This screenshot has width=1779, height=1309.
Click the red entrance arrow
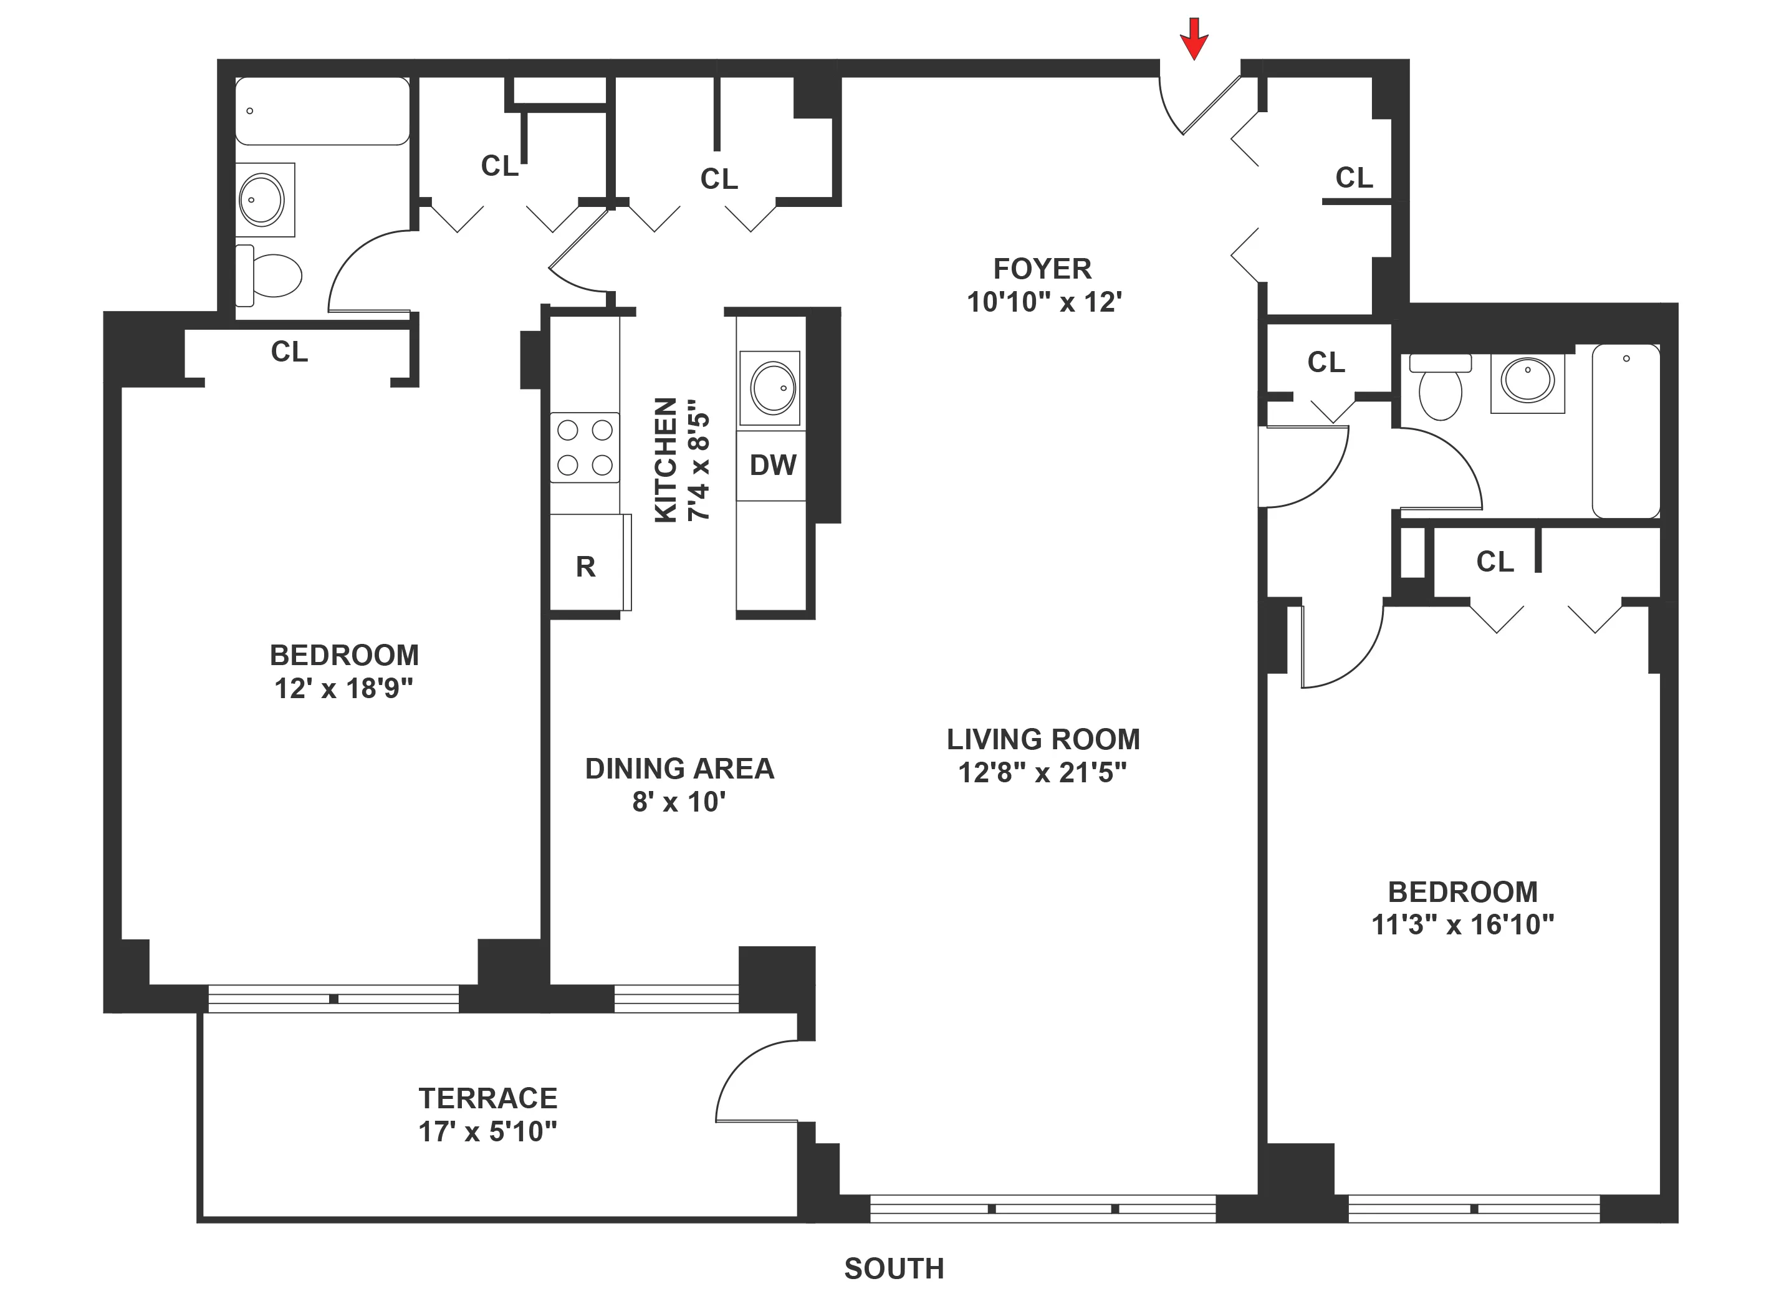coord(1194,38)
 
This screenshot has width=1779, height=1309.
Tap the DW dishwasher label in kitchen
coord(772,465)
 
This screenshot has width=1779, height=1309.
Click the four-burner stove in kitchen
coord(585,447)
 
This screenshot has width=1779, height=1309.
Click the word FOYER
coord(1042,269)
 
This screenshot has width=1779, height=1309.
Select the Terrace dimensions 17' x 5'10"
coord(487,1131)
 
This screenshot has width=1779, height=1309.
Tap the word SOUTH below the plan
coord(894,1269)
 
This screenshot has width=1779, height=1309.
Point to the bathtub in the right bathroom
coord(1626,430)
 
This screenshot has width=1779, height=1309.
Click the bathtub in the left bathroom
coord(322,111)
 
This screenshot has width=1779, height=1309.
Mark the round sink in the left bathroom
coord(262,199)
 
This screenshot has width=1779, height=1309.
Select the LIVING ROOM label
coord(1043,739)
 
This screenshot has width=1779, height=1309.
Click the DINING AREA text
coord(679,769)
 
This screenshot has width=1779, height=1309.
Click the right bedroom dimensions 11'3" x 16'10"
coord(1462,924)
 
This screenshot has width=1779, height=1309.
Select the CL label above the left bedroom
coord(289,352)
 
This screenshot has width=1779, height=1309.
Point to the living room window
coord(1042,1209)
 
